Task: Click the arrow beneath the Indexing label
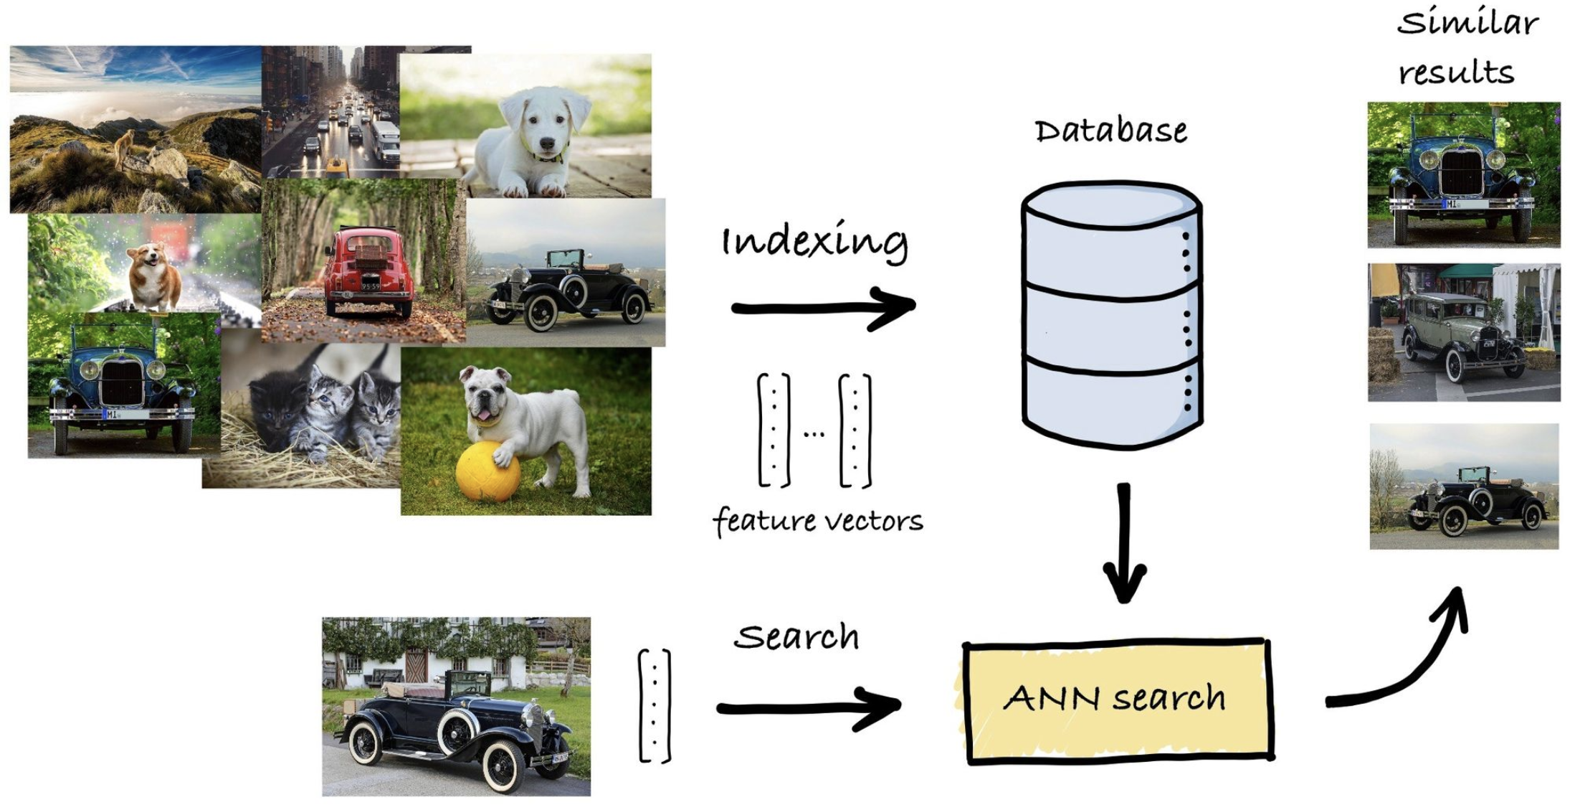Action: [822, 308]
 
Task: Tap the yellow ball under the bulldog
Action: [488, 471]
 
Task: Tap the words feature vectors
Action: [818, 521]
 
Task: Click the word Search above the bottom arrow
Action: [796, 637]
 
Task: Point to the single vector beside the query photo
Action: [654, 705]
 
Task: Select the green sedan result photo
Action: [1462, 333]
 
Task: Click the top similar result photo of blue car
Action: [1463, 175]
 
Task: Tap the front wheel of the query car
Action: [505, 764]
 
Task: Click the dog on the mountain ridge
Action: [125, 146]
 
